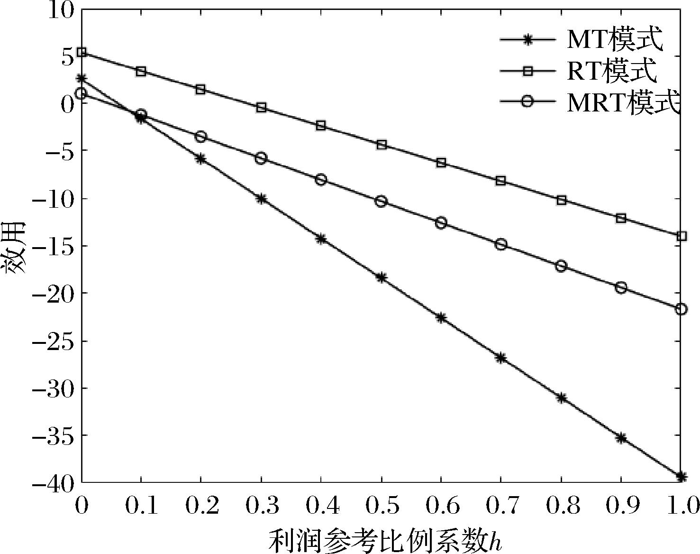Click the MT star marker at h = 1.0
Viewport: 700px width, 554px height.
coord(682,476)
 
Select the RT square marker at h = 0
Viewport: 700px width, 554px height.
coord(82,52)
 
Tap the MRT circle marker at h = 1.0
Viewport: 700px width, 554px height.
coord(682,309)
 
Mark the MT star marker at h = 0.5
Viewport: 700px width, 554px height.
coord(382,277)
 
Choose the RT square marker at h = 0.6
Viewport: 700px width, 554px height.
coord(441,163)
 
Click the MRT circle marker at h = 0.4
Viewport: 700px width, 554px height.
coord(321,180)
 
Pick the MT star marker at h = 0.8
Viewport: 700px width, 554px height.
coord(562,398)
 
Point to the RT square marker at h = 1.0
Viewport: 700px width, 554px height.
coord(682,236)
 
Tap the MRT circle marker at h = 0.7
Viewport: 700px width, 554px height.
coord(501,245)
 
